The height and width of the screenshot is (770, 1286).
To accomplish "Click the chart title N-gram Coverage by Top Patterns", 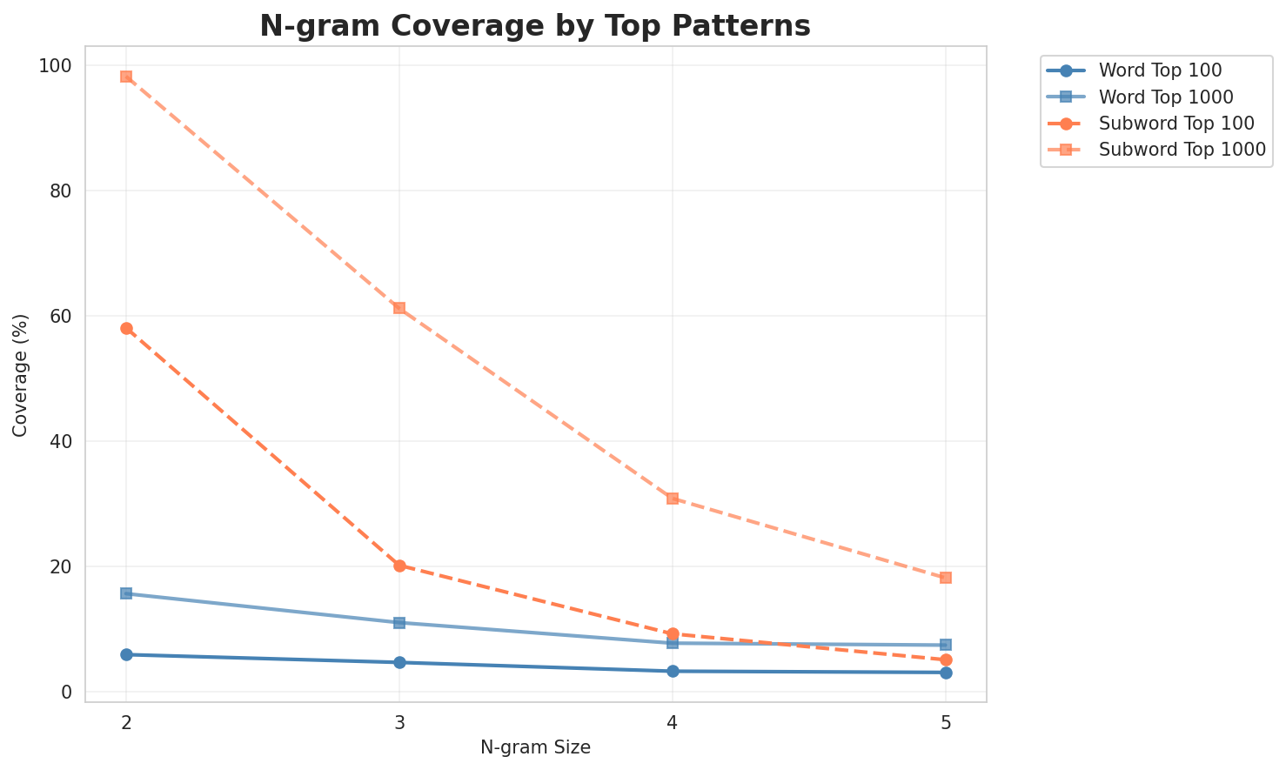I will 535,26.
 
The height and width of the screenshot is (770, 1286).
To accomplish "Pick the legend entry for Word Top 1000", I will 1166,96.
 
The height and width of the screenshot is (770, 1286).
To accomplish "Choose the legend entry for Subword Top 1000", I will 1182,149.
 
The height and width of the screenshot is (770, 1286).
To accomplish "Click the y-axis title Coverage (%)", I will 20,374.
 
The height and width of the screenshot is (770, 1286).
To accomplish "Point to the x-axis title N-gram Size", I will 535,747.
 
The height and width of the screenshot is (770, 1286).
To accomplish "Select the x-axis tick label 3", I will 399,722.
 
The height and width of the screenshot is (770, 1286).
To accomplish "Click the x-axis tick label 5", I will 946,722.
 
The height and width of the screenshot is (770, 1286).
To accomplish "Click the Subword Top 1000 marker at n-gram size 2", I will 126,77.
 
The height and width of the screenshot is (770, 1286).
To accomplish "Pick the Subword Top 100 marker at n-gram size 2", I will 126,328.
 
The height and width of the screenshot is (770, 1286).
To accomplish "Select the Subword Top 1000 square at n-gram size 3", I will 399,308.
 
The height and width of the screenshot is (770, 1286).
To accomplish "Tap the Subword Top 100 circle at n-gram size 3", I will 399,566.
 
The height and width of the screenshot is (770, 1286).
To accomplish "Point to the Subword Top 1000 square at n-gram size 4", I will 673,499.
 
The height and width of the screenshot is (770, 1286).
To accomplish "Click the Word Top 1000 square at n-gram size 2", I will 126,593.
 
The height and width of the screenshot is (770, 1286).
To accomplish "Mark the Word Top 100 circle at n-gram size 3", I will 399,662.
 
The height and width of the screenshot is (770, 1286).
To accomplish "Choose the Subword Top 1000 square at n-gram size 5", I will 946,578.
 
